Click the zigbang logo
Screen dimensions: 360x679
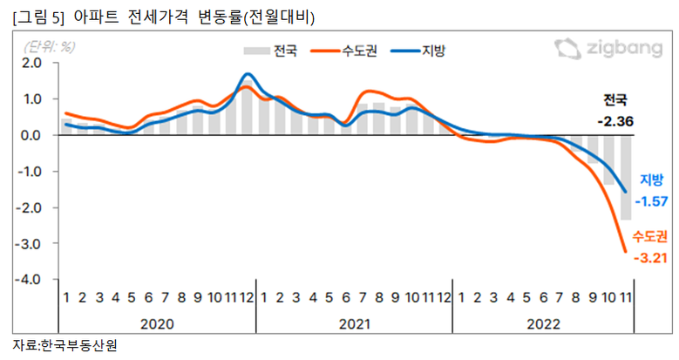coord(608,49)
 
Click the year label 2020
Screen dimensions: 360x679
coord(158,323)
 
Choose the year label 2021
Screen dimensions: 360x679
coord(354,323)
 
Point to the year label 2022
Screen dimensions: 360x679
coord(544,323)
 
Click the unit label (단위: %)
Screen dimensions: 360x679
coord(50,45)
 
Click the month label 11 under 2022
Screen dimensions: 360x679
coord(625,298)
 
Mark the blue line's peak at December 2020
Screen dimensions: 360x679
coord(248,74)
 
